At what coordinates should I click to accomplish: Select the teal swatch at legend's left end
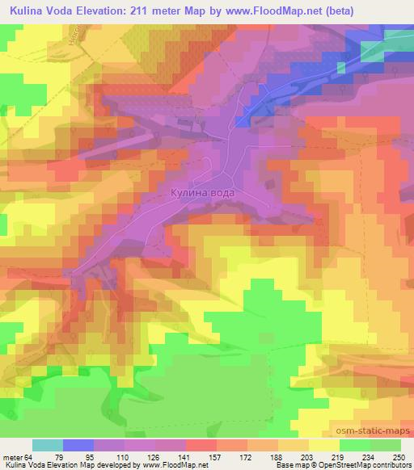(x=48, y=446)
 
